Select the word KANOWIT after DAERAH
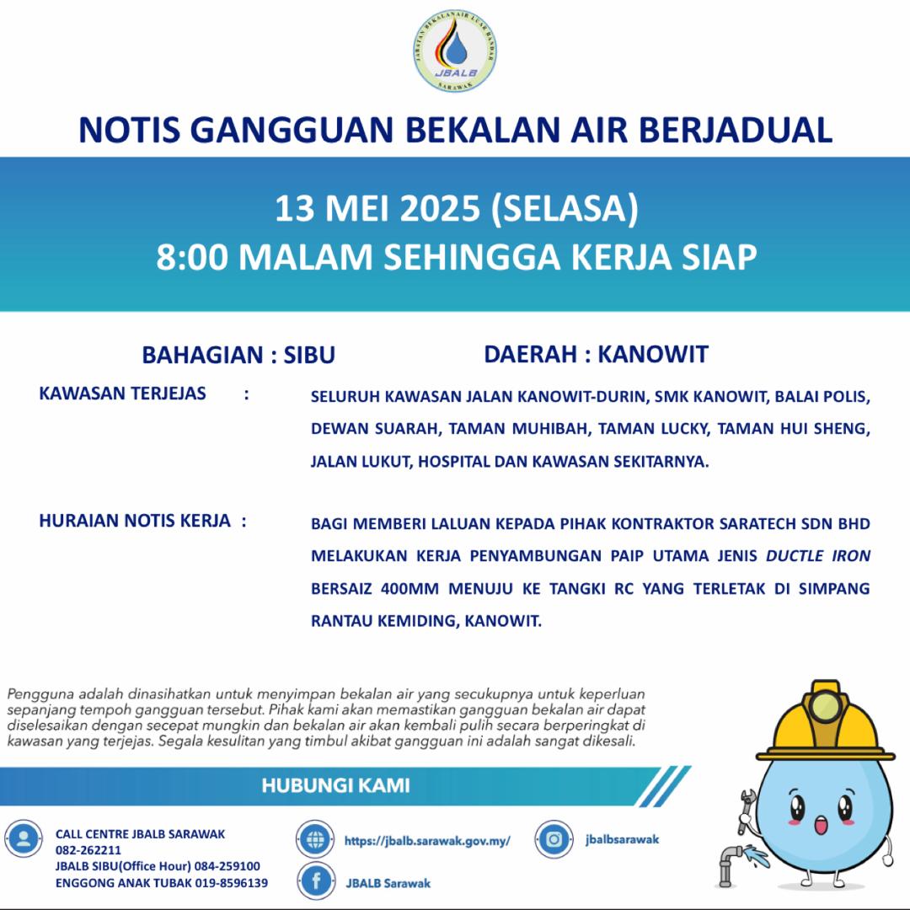click(x=653, y=355)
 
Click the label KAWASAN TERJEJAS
click(x=122, y=393)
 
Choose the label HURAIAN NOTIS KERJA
click(x=135, y=521)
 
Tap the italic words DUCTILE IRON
click(x=817, y=556)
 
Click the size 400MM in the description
click(x=406, y=589)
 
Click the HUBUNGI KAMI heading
click(x=335, y=786)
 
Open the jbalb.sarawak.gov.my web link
click(x=427, y=840)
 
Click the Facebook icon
click(x=317, y=881)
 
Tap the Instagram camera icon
click(x=554, y=838)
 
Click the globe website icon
click(x=316, y=839)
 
